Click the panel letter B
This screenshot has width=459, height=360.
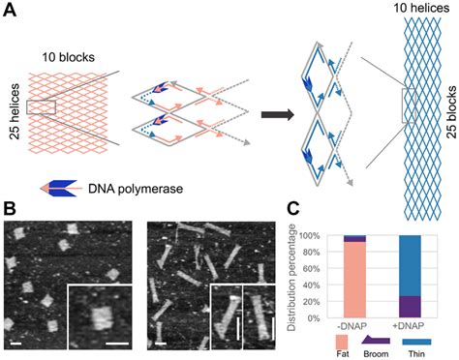click(11, 209)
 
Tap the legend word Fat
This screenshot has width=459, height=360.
click(339, 353)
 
